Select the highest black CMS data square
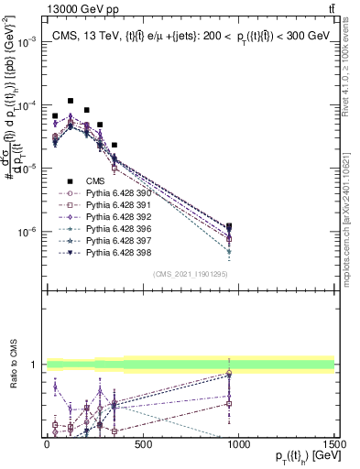coord(71,101)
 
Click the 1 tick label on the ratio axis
coord(34,365)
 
